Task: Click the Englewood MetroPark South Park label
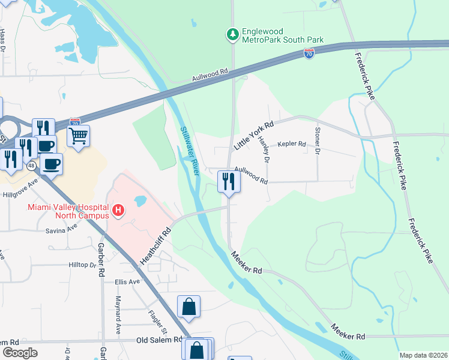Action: coord(282,35)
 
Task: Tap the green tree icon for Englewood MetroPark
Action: coord(232,35)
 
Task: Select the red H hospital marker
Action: coord(119,211)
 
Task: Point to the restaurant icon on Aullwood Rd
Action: coord(229,181)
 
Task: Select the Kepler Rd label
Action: coord(291,145)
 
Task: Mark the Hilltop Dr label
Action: coord(83,265)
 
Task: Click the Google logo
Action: coord(20,353)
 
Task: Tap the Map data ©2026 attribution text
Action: coord(423,355)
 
